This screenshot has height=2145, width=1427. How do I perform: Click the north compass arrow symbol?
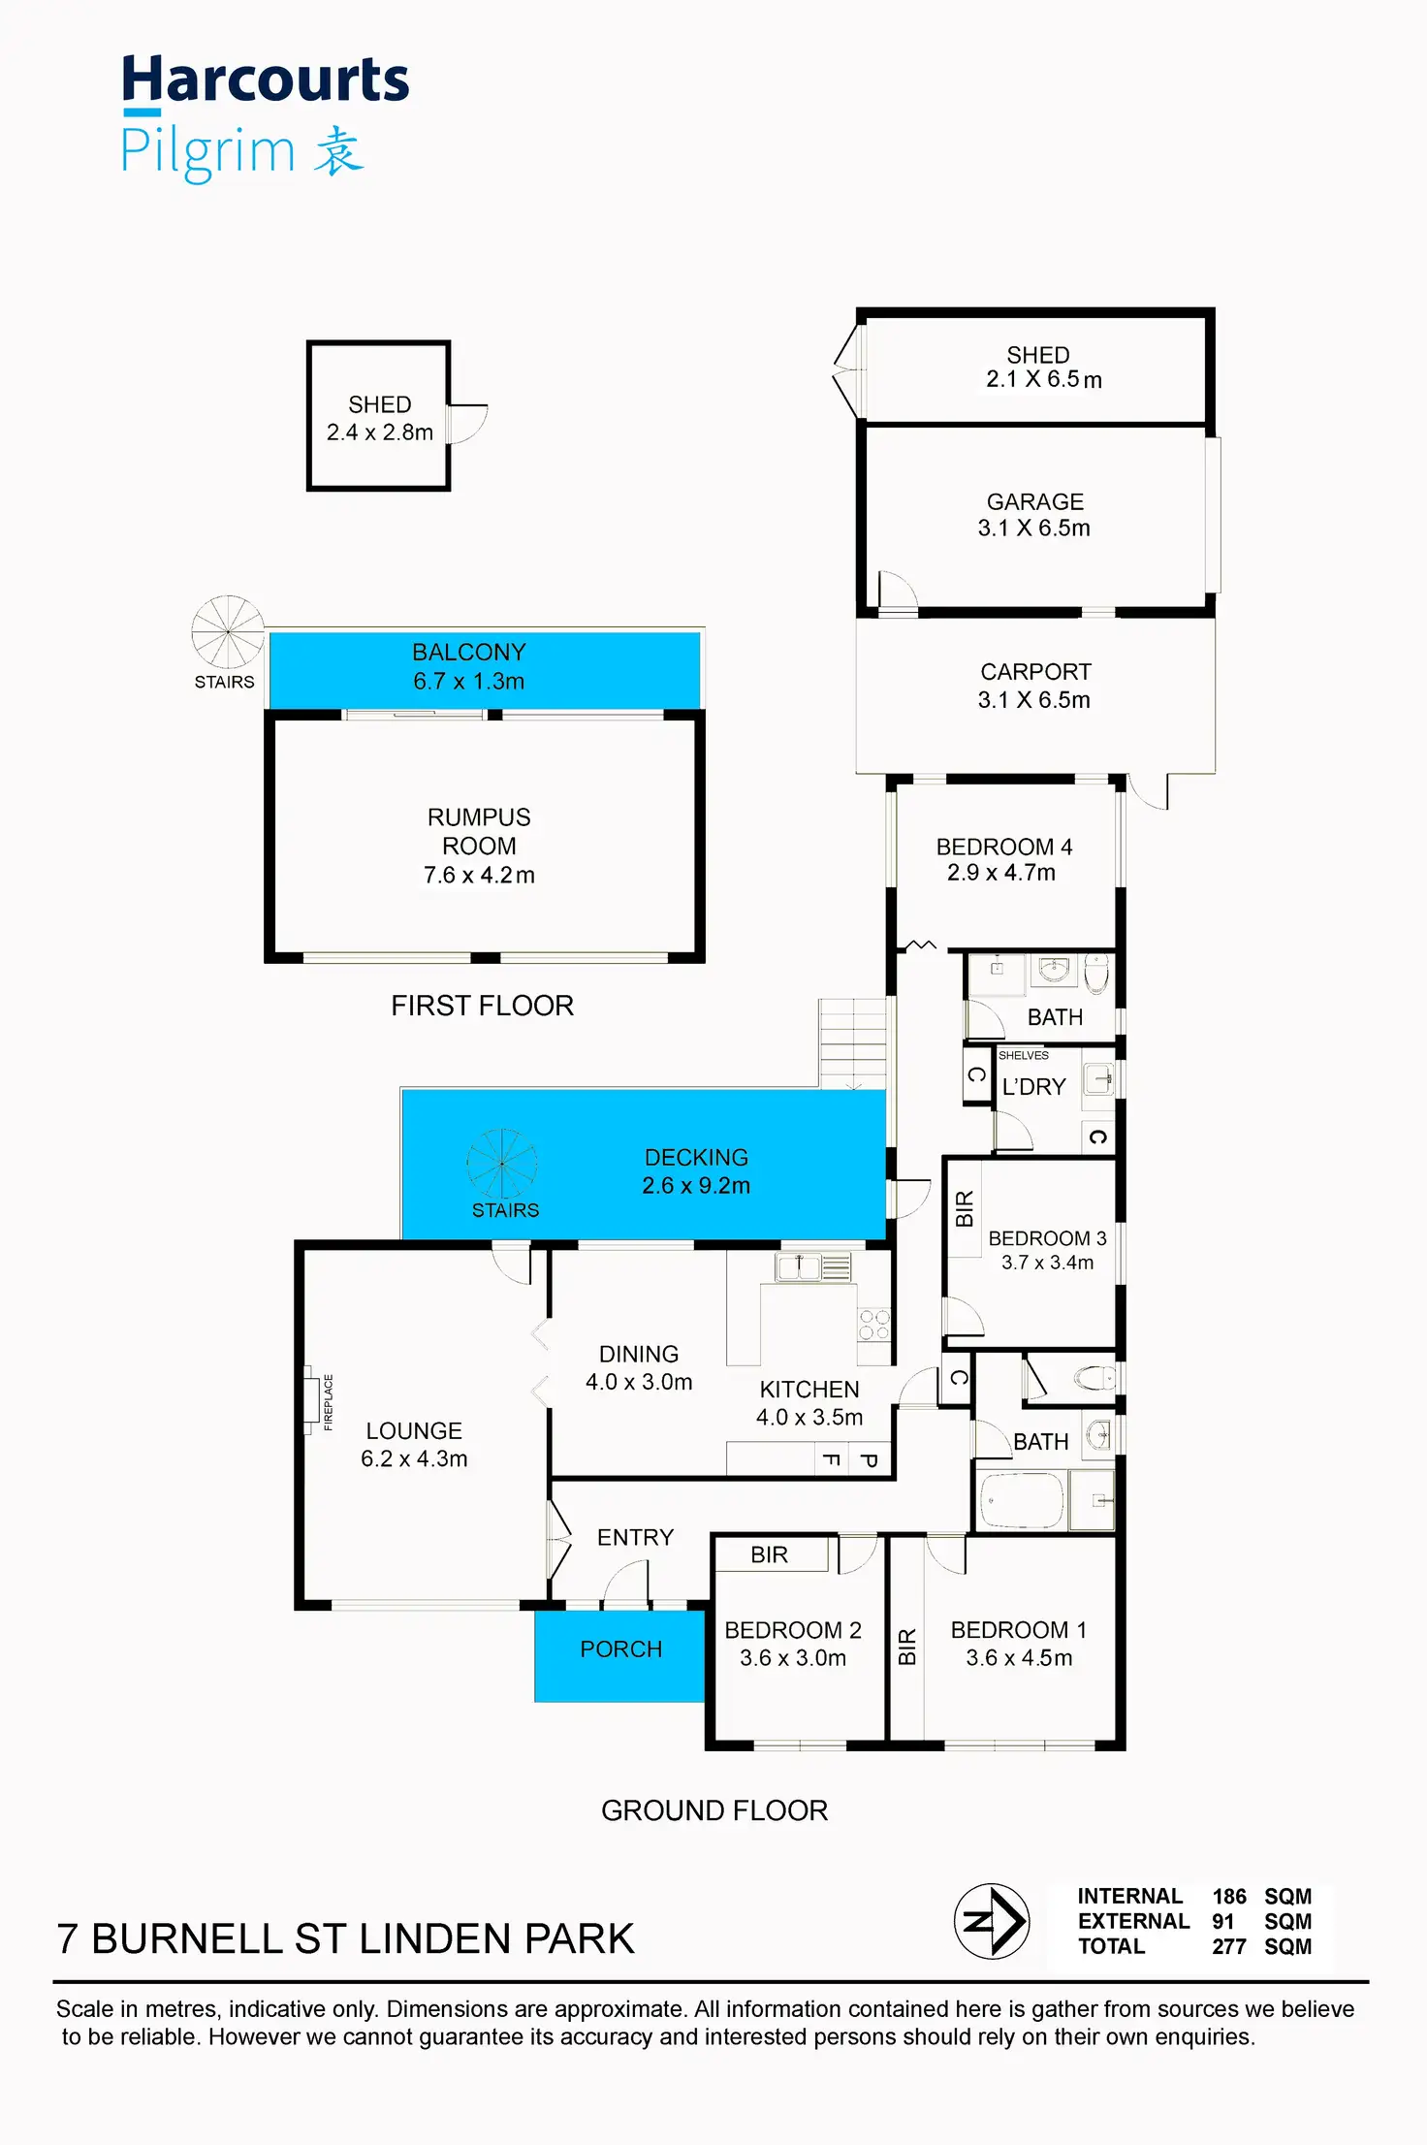991,1921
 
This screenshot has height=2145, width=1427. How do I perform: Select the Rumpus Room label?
479,831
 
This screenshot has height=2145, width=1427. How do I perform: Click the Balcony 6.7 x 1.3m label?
469,666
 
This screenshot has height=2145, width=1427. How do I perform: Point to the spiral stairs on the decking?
502,1163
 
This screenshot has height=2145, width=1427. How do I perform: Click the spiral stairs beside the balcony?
228,631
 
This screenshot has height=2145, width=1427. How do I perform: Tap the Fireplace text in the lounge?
329,1401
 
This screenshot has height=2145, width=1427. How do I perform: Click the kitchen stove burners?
873,1325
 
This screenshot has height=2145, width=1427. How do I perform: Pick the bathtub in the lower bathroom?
1022,1500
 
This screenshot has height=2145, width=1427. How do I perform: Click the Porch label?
620,1649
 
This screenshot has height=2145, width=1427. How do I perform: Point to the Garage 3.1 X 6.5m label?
1034,515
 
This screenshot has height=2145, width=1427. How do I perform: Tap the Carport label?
1035,672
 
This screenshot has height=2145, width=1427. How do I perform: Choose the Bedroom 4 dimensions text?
1001,873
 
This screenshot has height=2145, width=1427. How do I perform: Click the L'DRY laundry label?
1033,1087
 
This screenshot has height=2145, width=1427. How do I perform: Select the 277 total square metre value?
1228,1946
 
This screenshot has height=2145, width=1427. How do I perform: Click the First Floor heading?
482,1006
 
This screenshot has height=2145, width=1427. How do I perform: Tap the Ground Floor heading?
714,1810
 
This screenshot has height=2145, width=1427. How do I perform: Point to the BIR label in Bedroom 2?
769,1554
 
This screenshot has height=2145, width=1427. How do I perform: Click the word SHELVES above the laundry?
1023,1055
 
